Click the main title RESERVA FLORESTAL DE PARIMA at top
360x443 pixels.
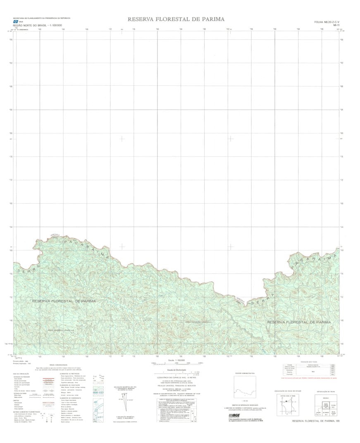[176, 19]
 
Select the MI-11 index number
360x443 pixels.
[336, 25]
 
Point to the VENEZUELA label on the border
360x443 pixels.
[55, 235]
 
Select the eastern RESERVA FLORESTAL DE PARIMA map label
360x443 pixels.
[299, 322]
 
